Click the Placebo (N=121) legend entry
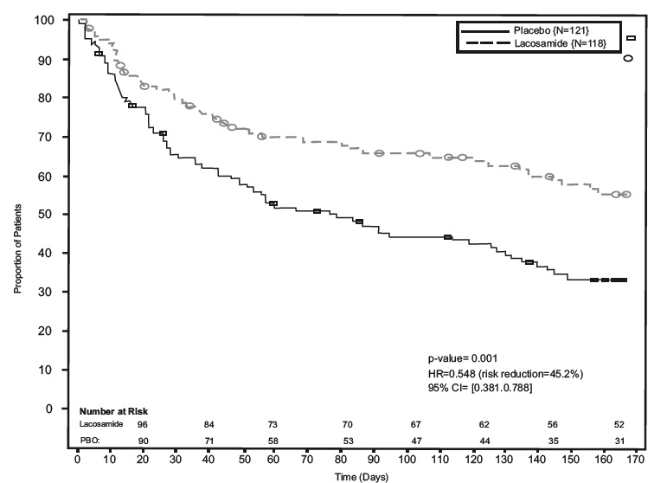[x=536, y=30]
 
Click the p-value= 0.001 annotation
[x=462, y=357]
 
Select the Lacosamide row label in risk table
[x=102, y=425]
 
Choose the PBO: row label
[x=90, y=441]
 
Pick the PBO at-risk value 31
[x=618, y=441]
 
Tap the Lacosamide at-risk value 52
[x=618, y=425]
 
